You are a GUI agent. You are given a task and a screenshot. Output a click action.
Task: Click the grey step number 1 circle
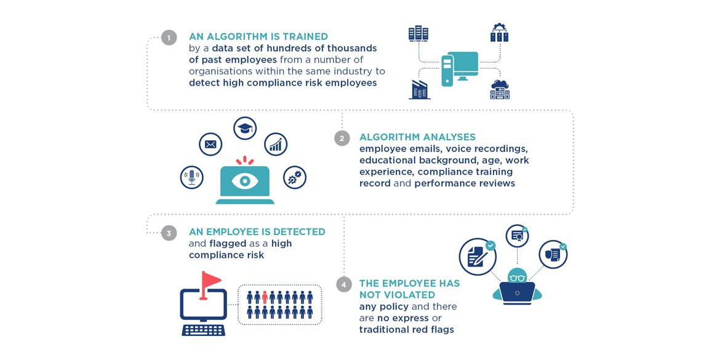click(169, 38)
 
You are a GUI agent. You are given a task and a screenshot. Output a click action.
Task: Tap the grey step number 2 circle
click(342, 138)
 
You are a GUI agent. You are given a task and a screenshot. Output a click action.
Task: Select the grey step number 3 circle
click(169, 233)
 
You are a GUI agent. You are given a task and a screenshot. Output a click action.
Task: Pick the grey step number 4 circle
click(345, 284)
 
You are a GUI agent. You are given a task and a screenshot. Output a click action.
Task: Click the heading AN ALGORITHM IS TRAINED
click(258, 37)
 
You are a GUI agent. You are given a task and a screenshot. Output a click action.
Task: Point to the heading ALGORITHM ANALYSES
click(417, 137)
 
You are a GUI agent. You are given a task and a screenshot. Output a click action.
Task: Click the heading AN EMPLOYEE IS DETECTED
click(257, 232)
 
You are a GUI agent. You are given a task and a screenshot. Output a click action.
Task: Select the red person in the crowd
click(265, 298)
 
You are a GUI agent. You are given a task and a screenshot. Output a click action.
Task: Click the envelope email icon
click(210, 145)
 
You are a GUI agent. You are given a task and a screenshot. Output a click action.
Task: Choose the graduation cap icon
click(245, 128)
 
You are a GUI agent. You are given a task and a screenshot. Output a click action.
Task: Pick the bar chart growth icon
click(276, 145)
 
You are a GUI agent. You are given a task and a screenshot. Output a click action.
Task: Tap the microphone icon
click(191, 177)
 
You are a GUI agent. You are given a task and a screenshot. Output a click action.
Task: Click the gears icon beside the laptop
click(294, 177)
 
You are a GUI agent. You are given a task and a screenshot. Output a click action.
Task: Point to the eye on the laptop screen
click(245, 181)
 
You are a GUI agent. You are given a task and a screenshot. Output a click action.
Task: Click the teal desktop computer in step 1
click(460, 66)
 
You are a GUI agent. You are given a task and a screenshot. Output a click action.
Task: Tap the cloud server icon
click(500, 90)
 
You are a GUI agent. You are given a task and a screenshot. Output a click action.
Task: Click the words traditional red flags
click(406, 329)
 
